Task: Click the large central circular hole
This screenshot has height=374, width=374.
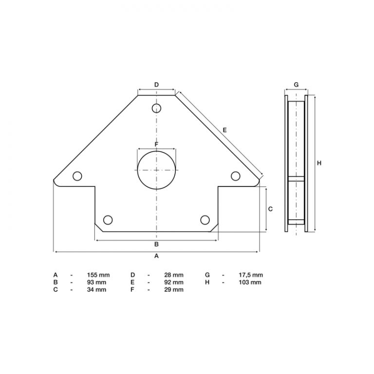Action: (156, 169)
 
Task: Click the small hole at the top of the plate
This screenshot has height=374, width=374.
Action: (156, 108)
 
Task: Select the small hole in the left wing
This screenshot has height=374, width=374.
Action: (76, 176)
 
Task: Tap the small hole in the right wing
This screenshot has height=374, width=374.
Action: (235, 176)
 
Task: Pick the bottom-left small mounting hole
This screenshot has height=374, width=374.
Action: (108, 219)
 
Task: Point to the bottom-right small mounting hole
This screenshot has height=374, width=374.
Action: (205, 219)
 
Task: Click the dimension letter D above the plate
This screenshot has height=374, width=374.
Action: (156, 85)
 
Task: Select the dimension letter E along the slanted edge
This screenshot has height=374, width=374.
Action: (224, 130)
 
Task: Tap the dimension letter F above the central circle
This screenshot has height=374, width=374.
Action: (156, 145)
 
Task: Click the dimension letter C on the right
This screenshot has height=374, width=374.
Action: (271, 208)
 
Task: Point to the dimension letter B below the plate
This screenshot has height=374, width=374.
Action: (156, 244)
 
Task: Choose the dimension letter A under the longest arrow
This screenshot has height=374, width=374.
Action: (156, 256)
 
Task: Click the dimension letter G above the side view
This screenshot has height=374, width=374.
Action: (296, 84)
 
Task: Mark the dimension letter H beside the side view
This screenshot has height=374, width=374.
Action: (319, 163)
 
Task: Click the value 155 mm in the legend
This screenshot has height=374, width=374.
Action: (96, 275)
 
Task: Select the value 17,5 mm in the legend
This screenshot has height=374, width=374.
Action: (252, 275)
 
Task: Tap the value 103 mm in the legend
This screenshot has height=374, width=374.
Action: (252, 282)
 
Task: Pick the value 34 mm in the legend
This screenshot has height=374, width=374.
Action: (96, 290)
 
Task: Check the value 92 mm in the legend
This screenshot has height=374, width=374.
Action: (174, 282)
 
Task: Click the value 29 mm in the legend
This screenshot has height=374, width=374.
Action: (174, 290)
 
